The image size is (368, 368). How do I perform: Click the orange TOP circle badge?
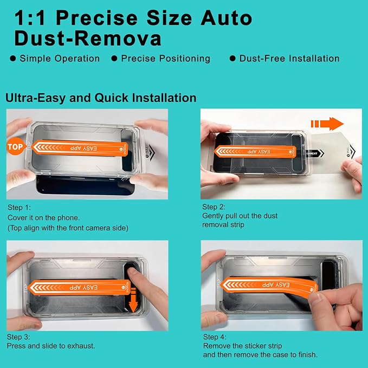(x=16, y=146)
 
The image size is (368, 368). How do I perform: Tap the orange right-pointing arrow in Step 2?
(x=327, y=124)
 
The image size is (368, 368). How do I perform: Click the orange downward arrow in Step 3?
(x=133, y=301)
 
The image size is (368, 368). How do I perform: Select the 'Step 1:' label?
(x=19, y=207)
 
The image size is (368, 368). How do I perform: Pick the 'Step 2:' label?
(x=214, y=207)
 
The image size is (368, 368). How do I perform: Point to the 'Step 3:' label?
(x=18, y=337)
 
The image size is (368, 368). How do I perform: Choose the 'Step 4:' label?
(x=215, y=337)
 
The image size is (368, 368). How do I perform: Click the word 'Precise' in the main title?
(x=96, y=18)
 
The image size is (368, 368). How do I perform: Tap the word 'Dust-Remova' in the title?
(x=88, y=38)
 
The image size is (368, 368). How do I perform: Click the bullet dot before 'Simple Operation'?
(x=13, y=58)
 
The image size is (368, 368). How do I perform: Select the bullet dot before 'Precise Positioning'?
(x=114, y=58)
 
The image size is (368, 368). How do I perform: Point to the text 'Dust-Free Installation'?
(x=289, y=58)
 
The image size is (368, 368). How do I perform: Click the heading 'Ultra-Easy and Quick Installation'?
(x=101, y=98)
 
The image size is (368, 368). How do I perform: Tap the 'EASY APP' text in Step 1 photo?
(x=83, y=149)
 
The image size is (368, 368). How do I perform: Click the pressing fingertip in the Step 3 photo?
(x=131, y=272)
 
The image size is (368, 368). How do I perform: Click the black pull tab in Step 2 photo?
(x=315, y=153)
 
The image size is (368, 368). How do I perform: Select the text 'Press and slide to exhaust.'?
(x=51, y=346)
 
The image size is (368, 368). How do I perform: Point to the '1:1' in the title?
(x=30, y=18)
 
